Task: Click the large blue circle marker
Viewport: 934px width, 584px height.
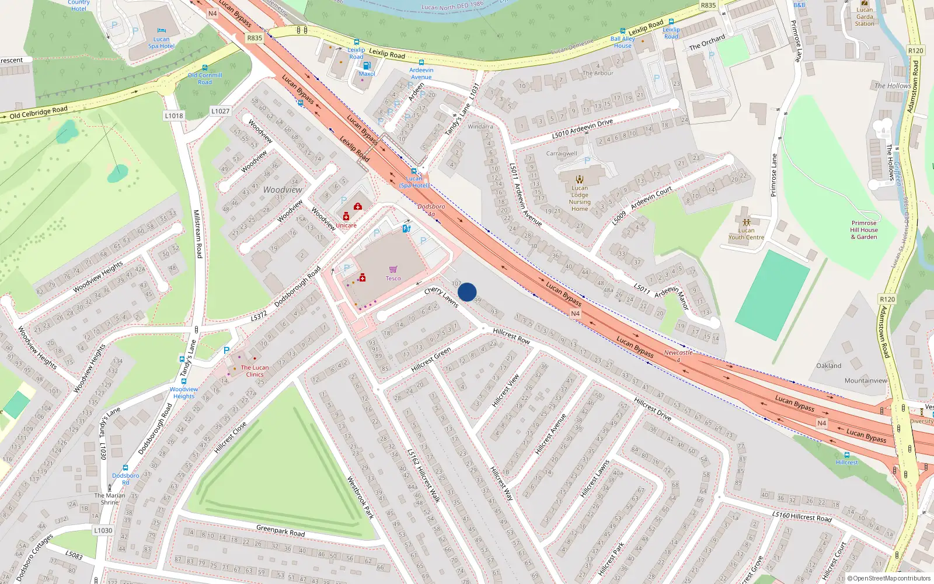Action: coord(467,292)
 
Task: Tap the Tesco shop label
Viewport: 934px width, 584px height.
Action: coord(393,278)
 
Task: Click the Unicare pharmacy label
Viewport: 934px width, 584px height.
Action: coord(346,225)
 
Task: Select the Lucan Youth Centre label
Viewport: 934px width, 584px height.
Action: coord(746,234)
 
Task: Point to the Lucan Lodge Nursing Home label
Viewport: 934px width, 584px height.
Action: coord(580,199)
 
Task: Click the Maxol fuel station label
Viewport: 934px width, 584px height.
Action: coord(367,74)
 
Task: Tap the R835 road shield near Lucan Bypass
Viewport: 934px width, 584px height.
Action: coord(255,38)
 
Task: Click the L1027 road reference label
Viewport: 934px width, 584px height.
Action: coord(220,111)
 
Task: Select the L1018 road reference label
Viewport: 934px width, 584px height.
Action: coord(174,116)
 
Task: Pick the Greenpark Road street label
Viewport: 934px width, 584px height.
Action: coord(280,531)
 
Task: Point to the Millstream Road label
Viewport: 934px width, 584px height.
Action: coord(197,234)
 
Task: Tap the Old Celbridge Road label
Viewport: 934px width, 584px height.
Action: coord(39,113)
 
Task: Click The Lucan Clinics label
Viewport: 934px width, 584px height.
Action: coord(255,371)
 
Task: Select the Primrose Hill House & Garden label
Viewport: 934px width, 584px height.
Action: coord(864,230)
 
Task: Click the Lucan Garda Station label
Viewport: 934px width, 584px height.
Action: coord(865,16)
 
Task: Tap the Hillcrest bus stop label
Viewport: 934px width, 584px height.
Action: coord(846,463)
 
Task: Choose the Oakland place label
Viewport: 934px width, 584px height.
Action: coord(828,366)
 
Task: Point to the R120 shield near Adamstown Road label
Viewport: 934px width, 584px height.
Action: coord(887,299)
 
